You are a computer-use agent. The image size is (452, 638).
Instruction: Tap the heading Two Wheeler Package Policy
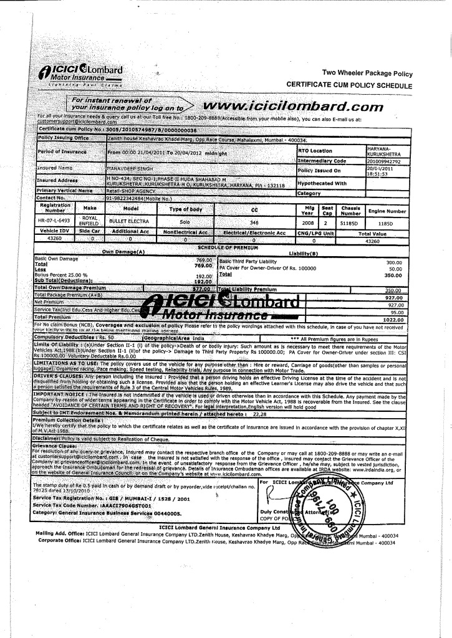367,73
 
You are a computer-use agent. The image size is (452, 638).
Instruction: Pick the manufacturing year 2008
308,221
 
